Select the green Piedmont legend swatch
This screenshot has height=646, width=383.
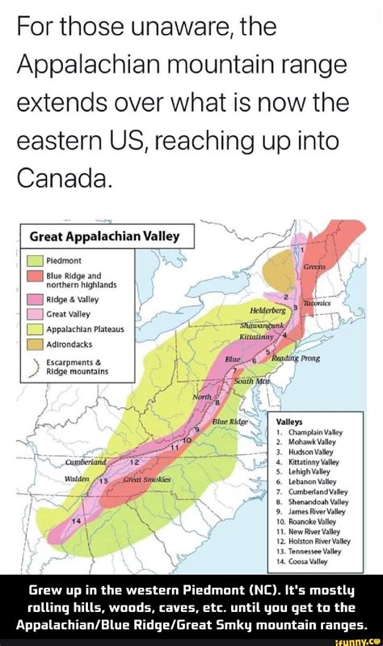(x=34, y=261)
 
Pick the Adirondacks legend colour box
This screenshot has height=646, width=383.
(x=34, y=343)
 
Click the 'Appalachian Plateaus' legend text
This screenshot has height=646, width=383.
(x=86, y=329)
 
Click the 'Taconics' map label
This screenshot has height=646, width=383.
(x=320, y=303)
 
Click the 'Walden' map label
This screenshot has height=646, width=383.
(x=78, y=479)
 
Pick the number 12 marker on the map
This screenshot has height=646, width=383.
(x=135, y=460)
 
